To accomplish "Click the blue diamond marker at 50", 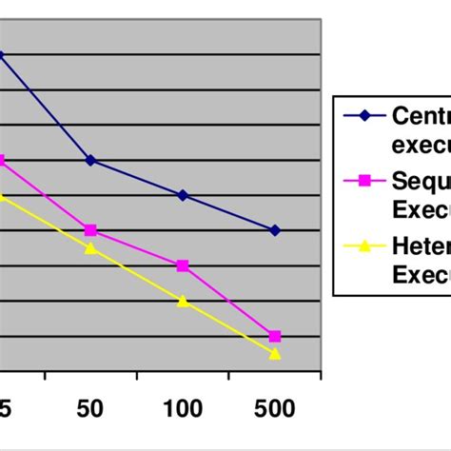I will [90, 160].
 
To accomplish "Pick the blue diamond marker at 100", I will [183, 195].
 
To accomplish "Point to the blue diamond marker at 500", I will [275, 230].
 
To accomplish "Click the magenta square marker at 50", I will [90, 230].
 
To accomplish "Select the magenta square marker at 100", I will [183, 265].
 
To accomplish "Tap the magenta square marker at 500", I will [275, 337].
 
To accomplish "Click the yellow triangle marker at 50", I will [90, 248].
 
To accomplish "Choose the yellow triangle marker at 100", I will [183, 301].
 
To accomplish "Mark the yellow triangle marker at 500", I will [275, 354].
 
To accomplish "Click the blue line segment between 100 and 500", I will [228, 212].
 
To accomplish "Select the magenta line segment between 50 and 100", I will [136, 247].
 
